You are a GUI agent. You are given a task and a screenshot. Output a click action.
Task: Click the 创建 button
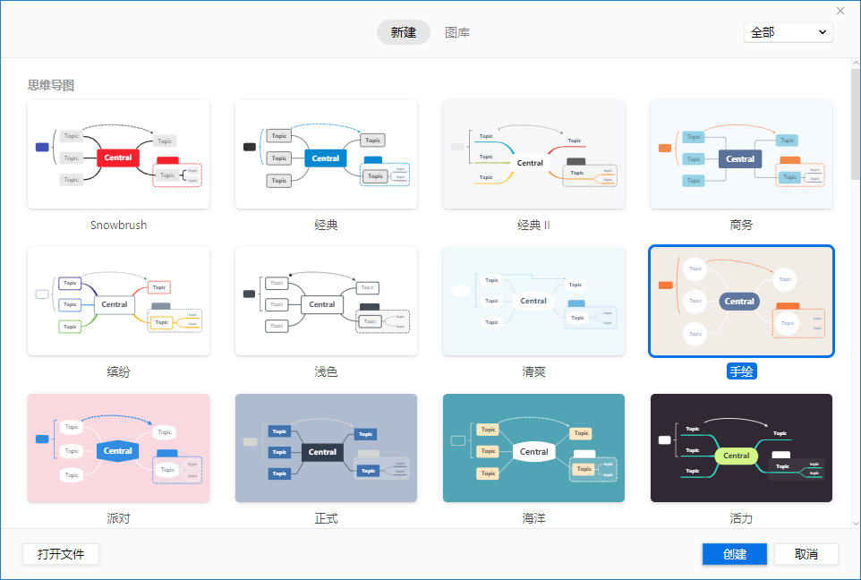pyautogui.click(x=734, y=554)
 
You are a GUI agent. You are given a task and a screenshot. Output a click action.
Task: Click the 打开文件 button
pyautogui.click(x=61, y=554)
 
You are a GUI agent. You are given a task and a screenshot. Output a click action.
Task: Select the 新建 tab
pyautogui.click(x=404, y=32)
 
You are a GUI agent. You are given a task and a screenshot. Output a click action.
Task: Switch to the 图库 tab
pyautogui.click(x=457, y=32)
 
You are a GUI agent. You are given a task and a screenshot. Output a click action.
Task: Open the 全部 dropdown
pyautogui.click(x=788, y=32)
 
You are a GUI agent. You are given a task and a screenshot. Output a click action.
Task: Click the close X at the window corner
pyautogui.click(x=840, y=11)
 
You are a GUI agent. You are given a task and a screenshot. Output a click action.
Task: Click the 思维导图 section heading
pyautogui.click(x=51, y=85)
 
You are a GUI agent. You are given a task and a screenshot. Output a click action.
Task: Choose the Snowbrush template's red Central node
pyautogui.click(x=118, y=158)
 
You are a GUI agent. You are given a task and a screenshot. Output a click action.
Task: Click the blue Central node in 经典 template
pyautogui.click(x=325, y=158)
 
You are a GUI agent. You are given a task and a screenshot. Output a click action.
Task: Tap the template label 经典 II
pyautogui.click(x=533, y=225)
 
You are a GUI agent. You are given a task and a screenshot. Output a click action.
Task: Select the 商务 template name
pyautogui.click(x=741, y=225)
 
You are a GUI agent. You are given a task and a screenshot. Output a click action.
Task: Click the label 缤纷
pyautogui.click(x=118, y=371)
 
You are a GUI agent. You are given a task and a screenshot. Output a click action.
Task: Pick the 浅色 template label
pyautogui.click(x=326, y=371)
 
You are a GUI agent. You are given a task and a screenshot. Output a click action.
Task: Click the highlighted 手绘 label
pyautogui.click(x=741, y=371)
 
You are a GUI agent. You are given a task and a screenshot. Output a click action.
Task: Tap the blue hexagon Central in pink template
pyautogui.click(x=118, y=451)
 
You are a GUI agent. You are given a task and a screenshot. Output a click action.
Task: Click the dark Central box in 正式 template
pyautogui.click(x=322, y=452)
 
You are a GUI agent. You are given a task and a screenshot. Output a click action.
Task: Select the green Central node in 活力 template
pyautogui.click(x=737, y=456)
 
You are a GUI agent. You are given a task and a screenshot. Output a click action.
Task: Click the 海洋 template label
pyautogui.click(x=533, y=518)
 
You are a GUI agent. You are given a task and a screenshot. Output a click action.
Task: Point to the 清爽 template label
pyautogui.click(x=533, y=371)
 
